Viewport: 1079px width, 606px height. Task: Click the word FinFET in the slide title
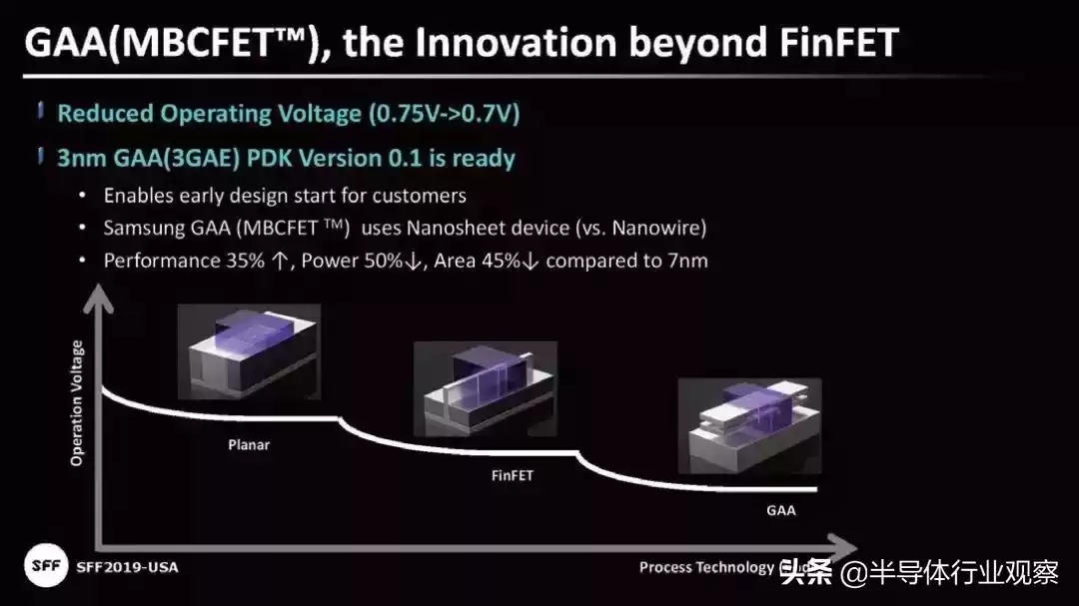(839, 43)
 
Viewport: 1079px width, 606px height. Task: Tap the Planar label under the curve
(249, 445)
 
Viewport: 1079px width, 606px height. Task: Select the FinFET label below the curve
(512, 475)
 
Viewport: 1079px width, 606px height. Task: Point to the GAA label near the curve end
(781, 510)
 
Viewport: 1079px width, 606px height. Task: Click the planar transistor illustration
(249, 351)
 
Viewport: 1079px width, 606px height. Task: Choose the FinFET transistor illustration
(486, 388)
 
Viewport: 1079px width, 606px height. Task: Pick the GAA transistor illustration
(749, 425)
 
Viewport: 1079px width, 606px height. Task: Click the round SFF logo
(46, 565)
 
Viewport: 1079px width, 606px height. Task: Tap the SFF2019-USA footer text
(127, 567)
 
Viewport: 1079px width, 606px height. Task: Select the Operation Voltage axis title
(76, 403)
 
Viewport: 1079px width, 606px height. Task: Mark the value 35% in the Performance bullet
(245, 261)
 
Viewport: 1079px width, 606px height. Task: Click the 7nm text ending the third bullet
(687, 261)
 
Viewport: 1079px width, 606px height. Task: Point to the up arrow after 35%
(280, 262)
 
